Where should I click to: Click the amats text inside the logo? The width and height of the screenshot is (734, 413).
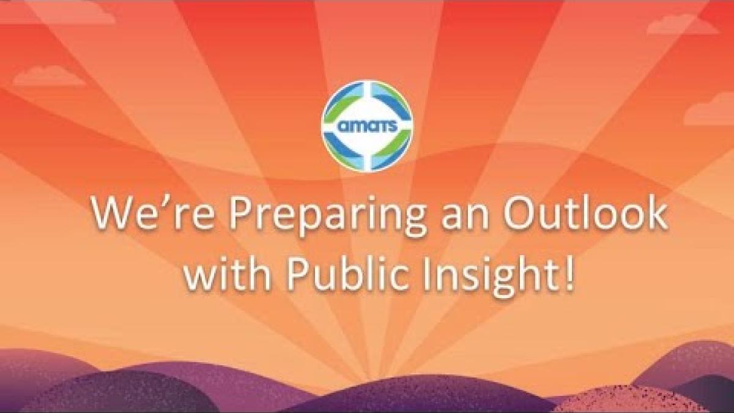pos(368,127)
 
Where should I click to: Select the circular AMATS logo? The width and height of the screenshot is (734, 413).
pos(368,126)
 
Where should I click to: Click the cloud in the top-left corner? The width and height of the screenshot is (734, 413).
pos(59,12)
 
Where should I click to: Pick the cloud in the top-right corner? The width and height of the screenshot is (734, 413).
pos(683,24)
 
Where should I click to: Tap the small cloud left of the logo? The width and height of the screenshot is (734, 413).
pos(49,75)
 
